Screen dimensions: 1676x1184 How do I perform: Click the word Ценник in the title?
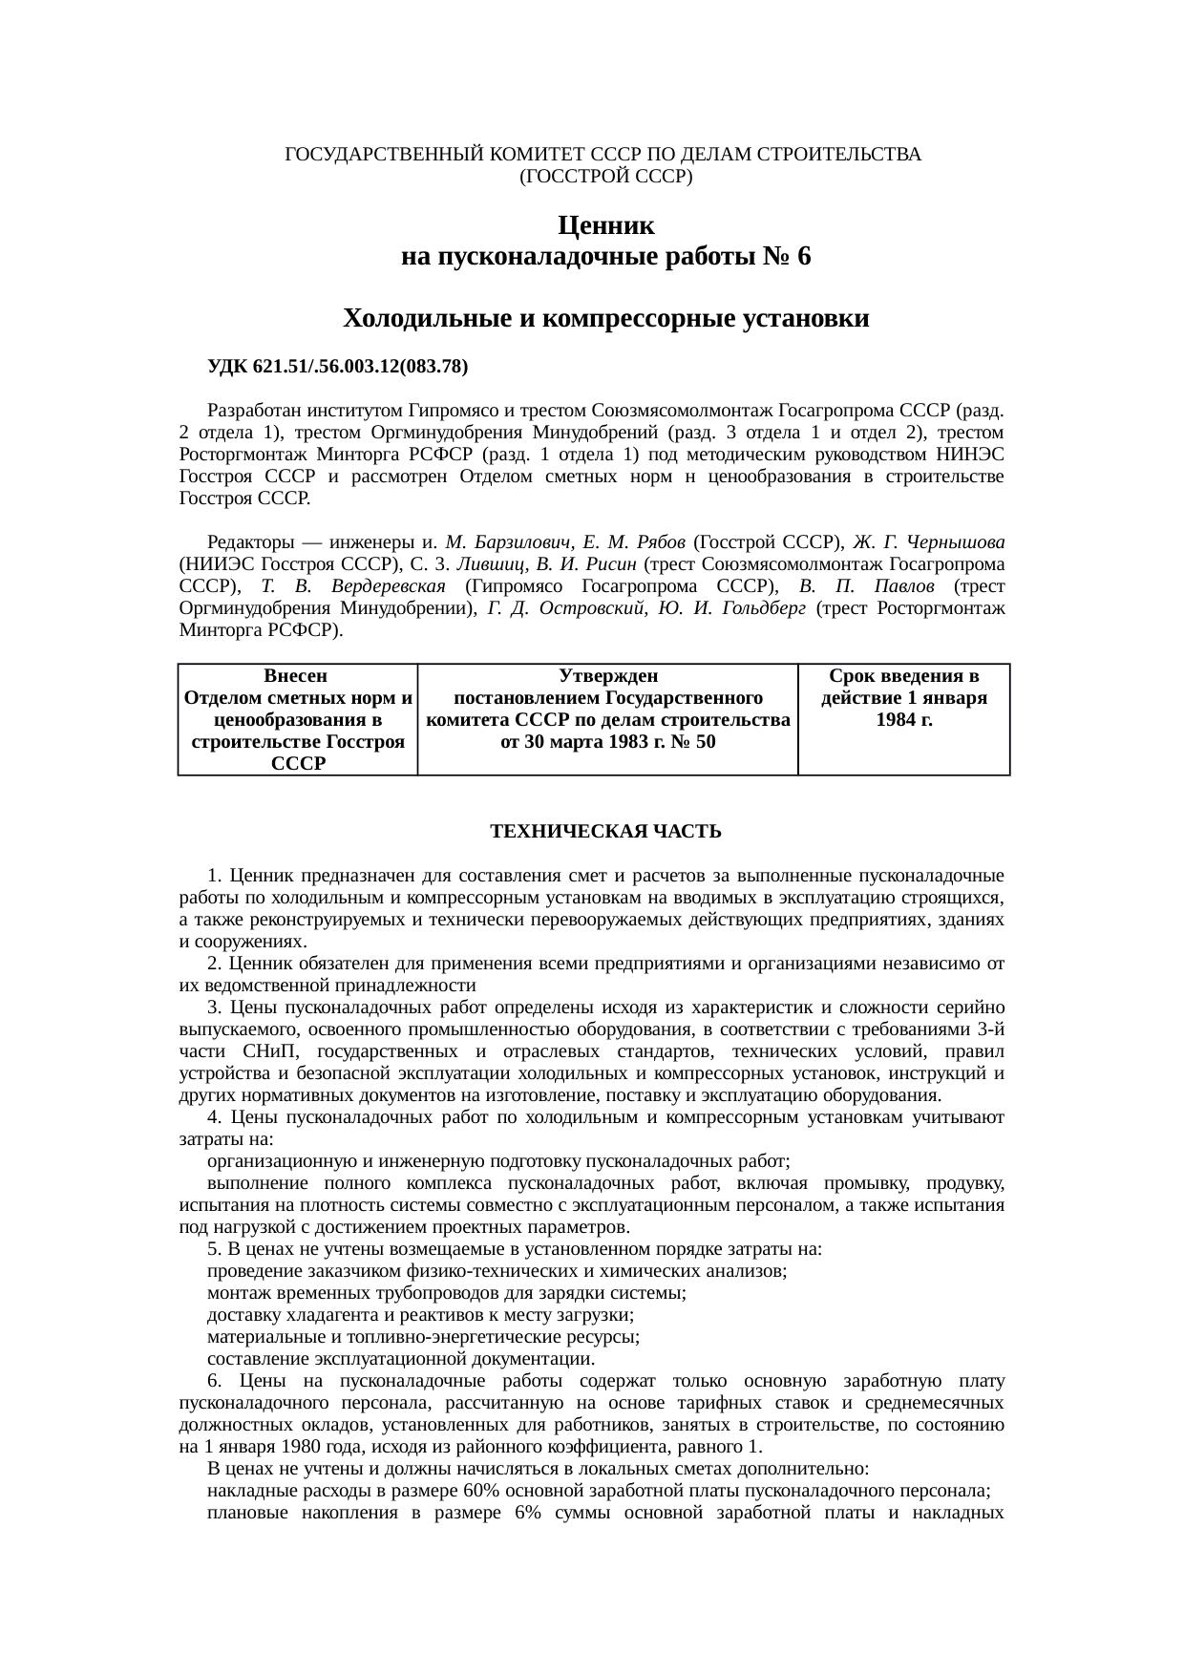click(605, 226)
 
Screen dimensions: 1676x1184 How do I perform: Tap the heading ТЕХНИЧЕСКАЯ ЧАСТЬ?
click(605, 832)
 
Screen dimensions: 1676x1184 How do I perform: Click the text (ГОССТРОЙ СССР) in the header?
click(605, 177)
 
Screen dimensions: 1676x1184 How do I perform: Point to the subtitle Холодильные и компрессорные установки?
click(605, 318)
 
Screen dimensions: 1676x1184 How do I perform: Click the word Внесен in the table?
click(295, 676)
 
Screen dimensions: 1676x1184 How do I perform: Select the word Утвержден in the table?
click(607, 676)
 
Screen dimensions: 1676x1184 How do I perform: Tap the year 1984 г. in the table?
click(904, 720)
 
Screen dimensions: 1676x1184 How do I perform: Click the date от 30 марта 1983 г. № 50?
click(607, 742)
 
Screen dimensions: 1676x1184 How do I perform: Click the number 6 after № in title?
click(803, 257)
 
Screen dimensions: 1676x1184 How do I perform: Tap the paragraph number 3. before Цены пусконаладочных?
click(215, 1008)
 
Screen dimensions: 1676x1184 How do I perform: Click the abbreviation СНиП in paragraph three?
click(270, 1051)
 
